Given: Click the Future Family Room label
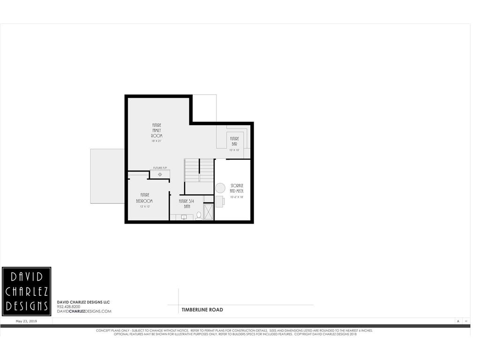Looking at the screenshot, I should [x=157, y=130].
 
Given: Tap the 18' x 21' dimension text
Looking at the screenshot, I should [x=157, y=141].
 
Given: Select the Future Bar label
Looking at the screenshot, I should [x=234, y=141].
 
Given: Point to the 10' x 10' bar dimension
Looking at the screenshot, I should [x=234, y=150].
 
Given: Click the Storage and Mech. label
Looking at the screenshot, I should [x=237, y=188].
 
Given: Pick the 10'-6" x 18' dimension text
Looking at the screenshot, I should [x=237, y=197].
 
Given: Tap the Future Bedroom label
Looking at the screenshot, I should [x=144, y=197].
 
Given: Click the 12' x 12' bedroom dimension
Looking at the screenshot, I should [x=144, y=206].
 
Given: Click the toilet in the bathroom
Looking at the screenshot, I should [x=199, y=216].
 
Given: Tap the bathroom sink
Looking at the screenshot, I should [x=184, y=217].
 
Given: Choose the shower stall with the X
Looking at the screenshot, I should [x=209, y=212].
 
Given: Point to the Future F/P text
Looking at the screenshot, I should [x=160, y=168].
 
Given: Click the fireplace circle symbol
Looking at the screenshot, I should [x=160, y=174].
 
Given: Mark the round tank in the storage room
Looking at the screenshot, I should [x=220, y=188].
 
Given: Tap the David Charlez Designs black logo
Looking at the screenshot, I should [x=27, y=291].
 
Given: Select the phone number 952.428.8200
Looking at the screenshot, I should [x=68, y=307].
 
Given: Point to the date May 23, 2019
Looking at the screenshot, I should [x=27, y=322].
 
